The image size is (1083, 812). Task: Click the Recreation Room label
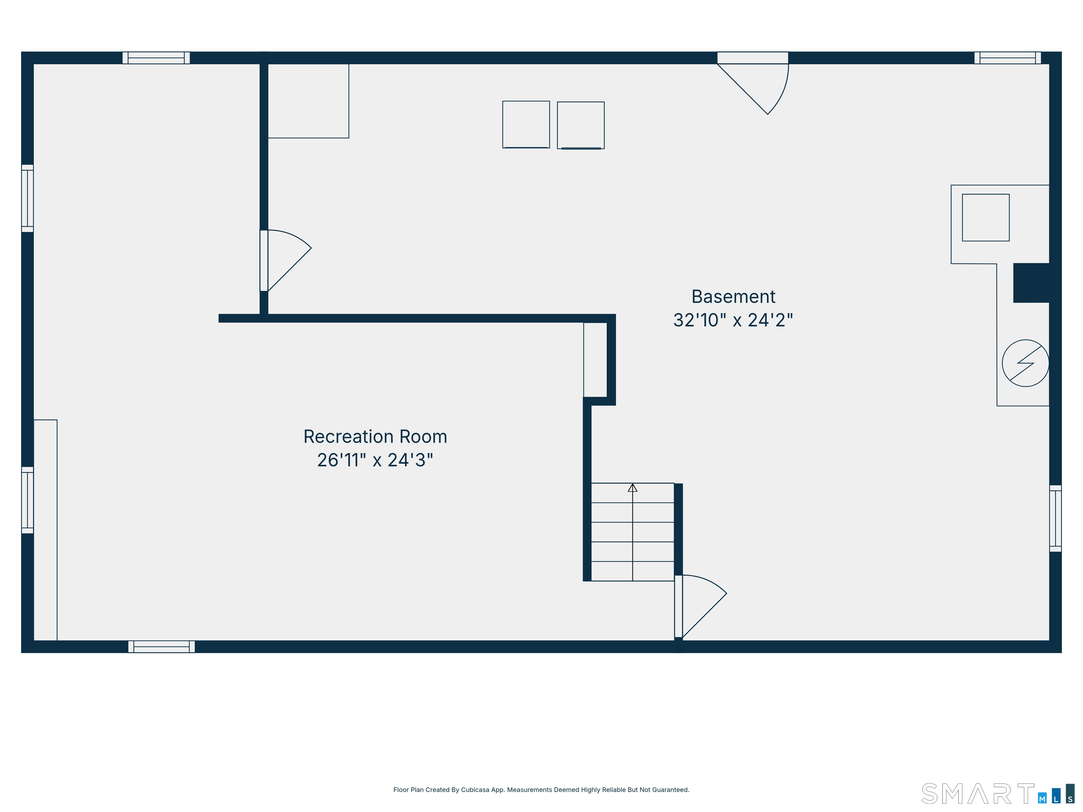[x=375, y=437]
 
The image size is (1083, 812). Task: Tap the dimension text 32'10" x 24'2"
[x=733, y=320]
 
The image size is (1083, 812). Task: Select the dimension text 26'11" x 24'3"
[x=375, y=460]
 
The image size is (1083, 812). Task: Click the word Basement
[x=733, y=297]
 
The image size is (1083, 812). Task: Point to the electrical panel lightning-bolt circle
[x=1025, y=363]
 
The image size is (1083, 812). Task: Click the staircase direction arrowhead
[x=632, y=488]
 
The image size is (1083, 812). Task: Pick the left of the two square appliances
[x=526, y=124]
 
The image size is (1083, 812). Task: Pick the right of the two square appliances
[x=581, y=125]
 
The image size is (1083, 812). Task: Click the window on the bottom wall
[x=161, y=647]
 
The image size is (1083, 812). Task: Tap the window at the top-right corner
[x=1008, y=58]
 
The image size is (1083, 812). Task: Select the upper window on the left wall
[x=27, y=198]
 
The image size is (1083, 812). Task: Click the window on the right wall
[x=1056, y=518]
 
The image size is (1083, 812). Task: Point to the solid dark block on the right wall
[x=1031, y=283]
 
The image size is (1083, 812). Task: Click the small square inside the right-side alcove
[x=986, y=217]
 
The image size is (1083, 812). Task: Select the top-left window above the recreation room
[x=156, y=58]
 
